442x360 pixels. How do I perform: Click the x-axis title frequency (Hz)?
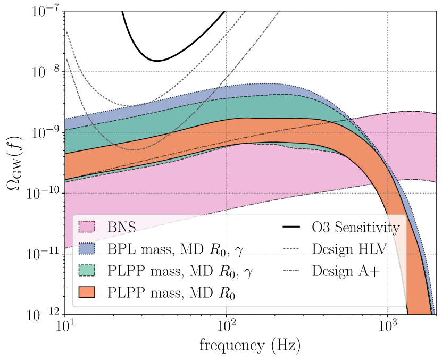pos(250,346)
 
